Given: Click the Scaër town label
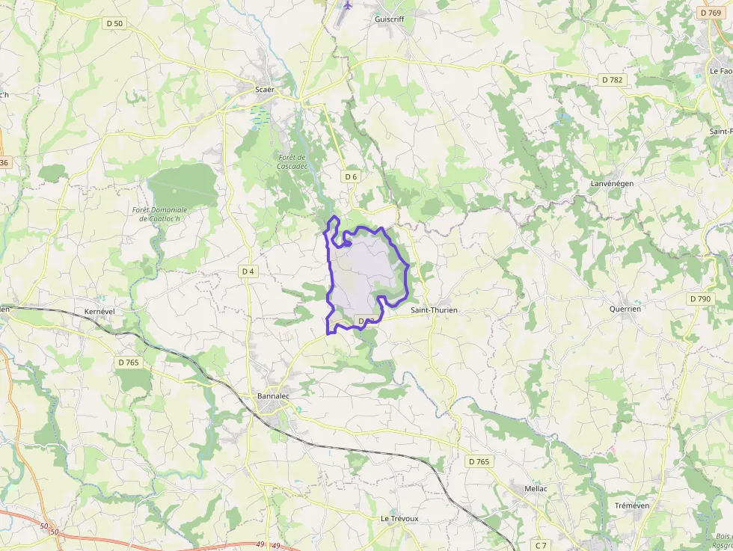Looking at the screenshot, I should (265, 90).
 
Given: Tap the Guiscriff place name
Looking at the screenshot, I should (389, 20).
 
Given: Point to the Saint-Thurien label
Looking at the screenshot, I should (434, 310).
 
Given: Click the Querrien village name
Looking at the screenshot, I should (625, 308).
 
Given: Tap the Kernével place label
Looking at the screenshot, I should (99, 310).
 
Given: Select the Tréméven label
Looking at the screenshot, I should (632, 505).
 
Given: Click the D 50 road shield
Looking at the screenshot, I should (114, 24).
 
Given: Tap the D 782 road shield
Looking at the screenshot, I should (612, 79).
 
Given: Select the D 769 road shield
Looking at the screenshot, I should (711, 13).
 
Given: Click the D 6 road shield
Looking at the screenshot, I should (352, 176).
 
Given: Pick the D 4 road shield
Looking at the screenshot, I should (248, 271).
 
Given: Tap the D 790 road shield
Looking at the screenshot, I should (700, 299).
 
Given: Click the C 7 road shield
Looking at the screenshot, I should (539, 544).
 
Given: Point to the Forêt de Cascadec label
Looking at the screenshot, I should (292, 161).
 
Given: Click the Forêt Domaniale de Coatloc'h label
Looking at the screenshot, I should (159, 214).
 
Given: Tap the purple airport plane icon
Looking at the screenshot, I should (347, 5).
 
